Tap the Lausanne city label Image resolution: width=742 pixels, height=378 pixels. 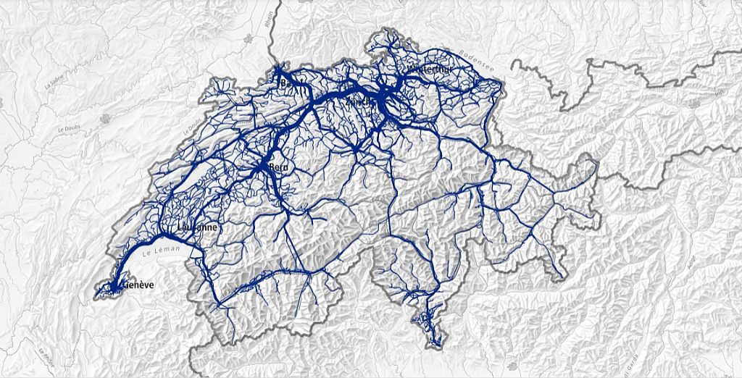point(196,227)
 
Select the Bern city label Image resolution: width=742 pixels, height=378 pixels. point(278,167)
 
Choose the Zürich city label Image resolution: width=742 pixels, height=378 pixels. point(362,101)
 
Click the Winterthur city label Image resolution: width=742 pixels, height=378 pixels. point(430,69)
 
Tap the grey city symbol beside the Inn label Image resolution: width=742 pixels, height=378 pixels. point(695,102)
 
